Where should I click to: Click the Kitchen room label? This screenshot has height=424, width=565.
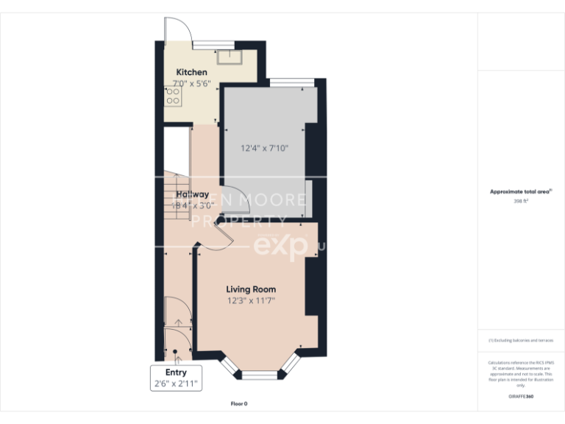coord(191,72)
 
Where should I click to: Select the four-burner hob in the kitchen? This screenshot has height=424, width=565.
coord(174,96)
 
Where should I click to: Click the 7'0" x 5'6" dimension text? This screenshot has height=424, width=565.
coord(191,83)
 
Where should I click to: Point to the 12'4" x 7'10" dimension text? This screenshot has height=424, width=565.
coord(264,148)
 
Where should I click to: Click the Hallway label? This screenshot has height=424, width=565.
coord(192,194)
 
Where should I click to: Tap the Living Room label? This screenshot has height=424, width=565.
coord(250,289)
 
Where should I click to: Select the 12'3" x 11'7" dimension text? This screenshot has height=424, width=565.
coord(250,300)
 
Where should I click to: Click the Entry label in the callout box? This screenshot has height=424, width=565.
coord(176,372)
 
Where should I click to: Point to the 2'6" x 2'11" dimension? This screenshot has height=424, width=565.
coord(176,384)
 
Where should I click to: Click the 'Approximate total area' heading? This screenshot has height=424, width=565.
coord(519,191)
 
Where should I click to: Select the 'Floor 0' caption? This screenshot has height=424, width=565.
coord(239,403)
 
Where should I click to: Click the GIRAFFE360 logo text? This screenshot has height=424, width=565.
coord(521,397)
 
